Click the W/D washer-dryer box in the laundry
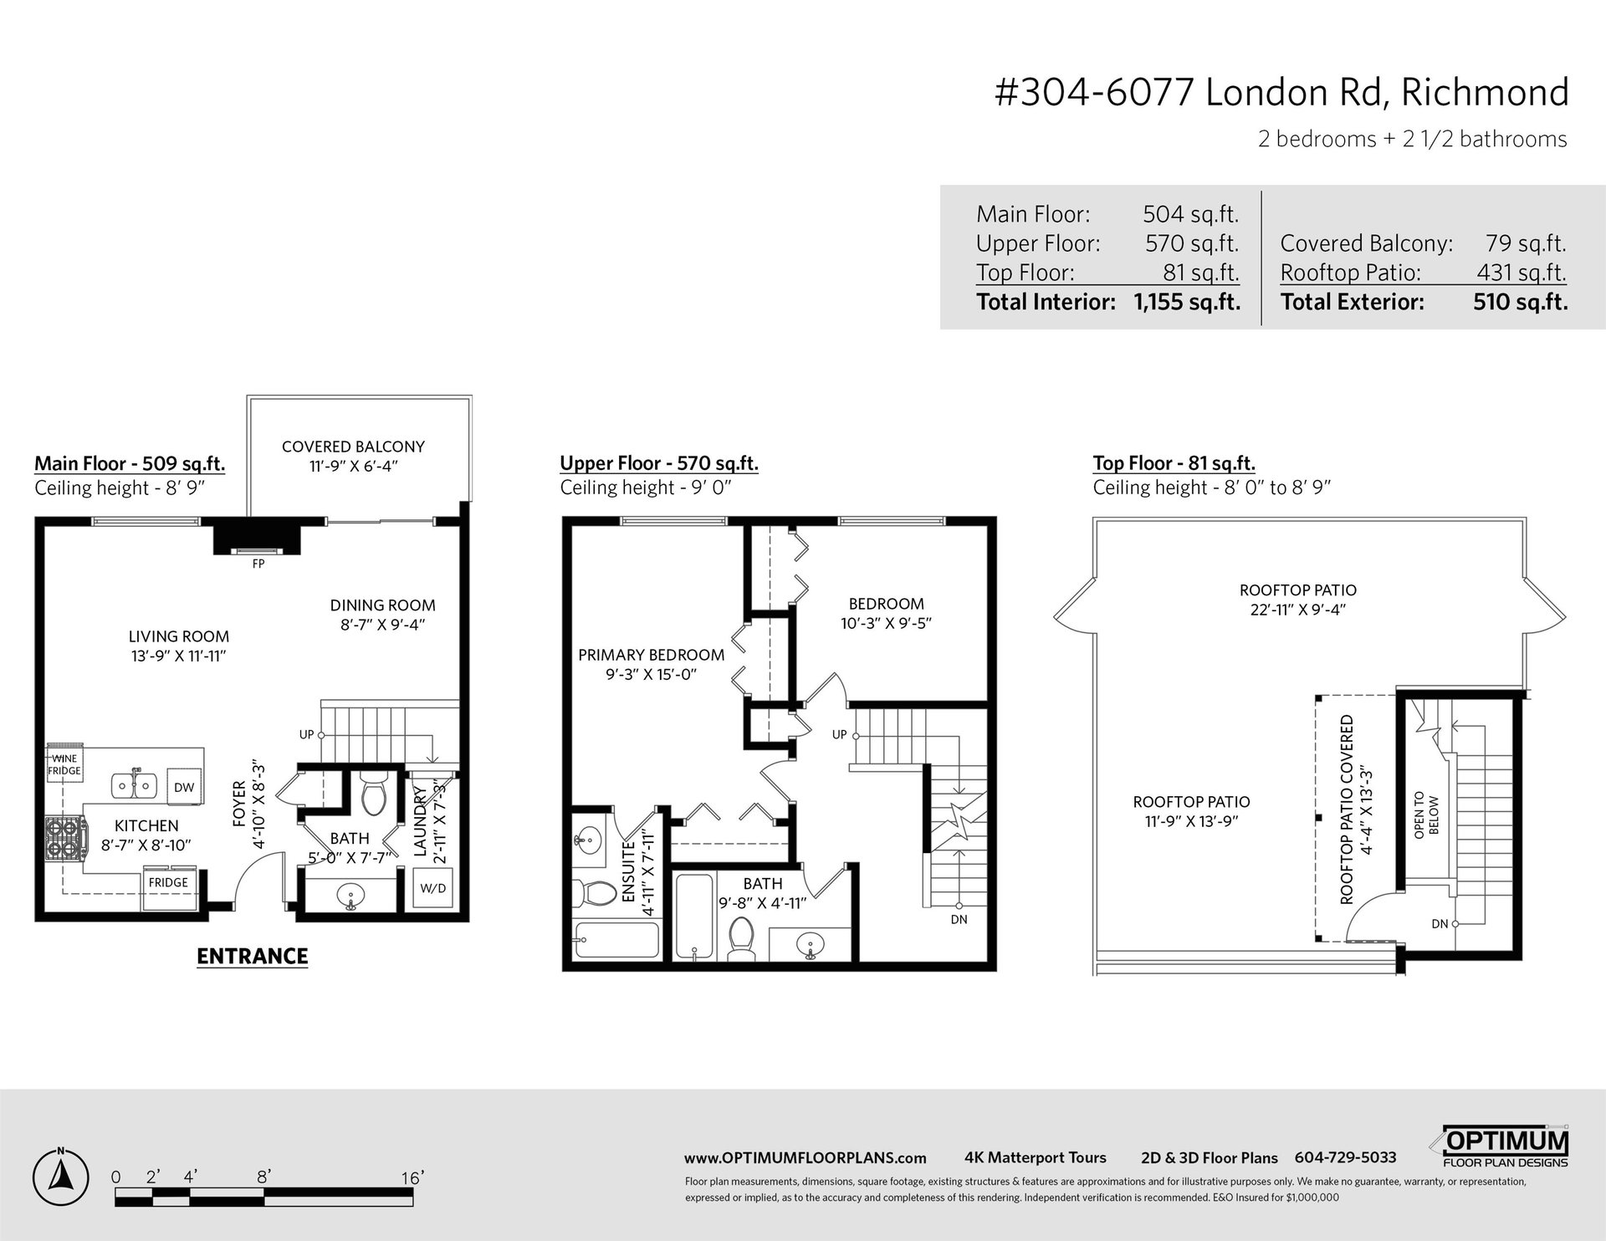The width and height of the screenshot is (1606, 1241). click(433, 889)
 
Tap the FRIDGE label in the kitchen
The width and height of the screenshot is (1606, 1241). click(168, 882)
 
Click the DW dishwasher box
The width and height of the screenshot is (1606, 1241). click(184, 788)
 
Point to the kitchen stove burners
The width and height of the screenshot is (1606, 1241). click(64, 838)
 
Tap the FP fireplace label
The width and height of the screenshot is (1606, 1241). click(258, 564)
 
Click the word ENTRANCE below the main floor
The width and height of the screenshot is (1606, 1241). click(253, 956)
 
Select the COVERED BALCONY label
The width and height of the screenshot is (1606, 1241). click(353, 447)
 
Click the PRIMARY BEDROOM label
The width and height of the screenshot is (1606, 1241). click(652, 655)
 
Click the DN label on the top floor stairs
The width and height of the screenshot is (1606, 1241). click(1440, 924)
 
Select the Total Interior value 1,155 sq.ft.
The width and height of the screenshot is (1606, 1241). click(1187, 302)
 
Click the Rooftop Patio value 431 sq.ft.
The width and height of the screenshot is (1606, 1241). click(1522, 273)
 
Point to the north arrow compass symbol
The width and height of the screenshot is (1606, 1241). click(60, 1176)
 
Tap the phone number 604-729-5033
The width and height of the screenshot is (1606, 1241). click(1345, 1157)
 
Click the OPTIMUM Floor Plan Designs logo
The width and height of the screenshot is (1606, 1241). click(1506, 1147)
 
